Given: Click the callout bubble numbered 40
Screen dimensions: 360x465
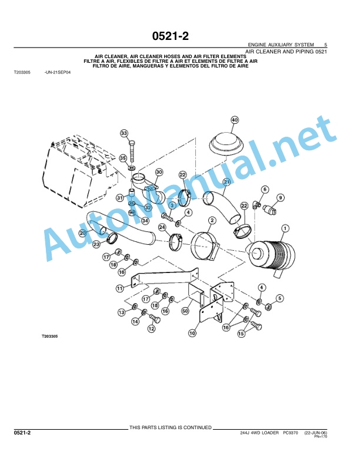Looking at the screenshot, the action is click(235, 120).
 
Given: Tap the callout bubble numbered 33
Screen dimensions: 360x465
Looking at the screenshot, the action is click(124, 133).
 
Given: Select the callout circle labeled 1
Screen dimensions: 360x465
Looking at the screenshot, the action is click(285, 228).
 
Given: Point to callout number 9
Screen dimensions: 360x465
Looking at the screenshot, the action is click(280, 197).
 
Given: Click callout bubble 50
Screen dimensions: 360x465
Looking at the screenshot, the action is click(185, 311).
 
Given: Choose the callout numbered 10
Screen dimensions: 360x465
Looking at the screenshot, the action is click(192, 333).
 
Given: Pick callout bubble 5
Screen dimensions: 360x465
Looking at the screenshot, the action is click(279, 298).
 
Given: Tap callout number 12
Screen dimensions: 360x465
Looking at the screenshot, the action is click(152, 329).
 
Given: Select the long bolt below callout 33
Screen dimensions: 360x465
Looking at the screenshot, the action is click(132, 151).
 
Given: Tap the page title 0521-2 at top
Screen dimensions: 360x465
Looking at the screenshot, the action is click(170, 36).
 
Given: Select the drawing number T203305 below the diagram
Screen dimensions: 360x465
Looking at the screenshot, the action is click(49, 336).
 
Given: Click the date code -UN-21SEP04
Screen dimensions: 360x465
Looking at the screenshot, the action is click(58, 72).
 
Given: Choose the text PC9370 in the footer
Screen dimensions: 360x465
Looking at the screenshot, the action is click(290, 433).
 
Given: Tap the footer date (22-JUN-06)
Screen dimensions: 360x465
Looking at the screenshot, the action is click(315, 433).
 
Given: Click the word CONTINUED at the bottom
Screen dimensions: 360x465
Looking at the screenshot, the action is click(197, 427).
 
